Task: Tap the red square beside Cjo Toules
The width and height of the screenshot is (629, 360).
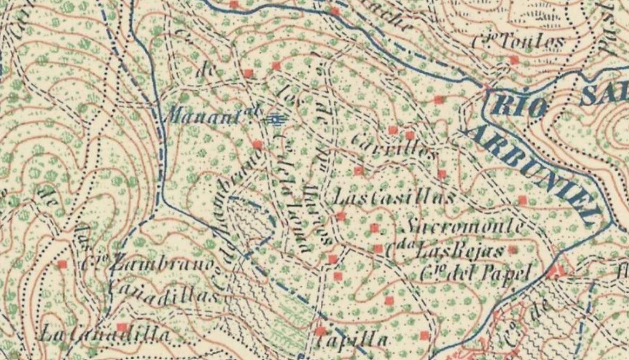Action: (514, 60)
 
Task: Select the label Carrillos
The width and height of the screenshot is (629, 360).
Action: (395, 148)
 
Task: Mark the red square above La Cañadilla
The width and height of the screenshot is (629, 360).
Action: (122, 327)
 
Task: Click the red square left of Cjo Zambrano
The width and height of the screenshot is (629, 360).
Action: (63, 264)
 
